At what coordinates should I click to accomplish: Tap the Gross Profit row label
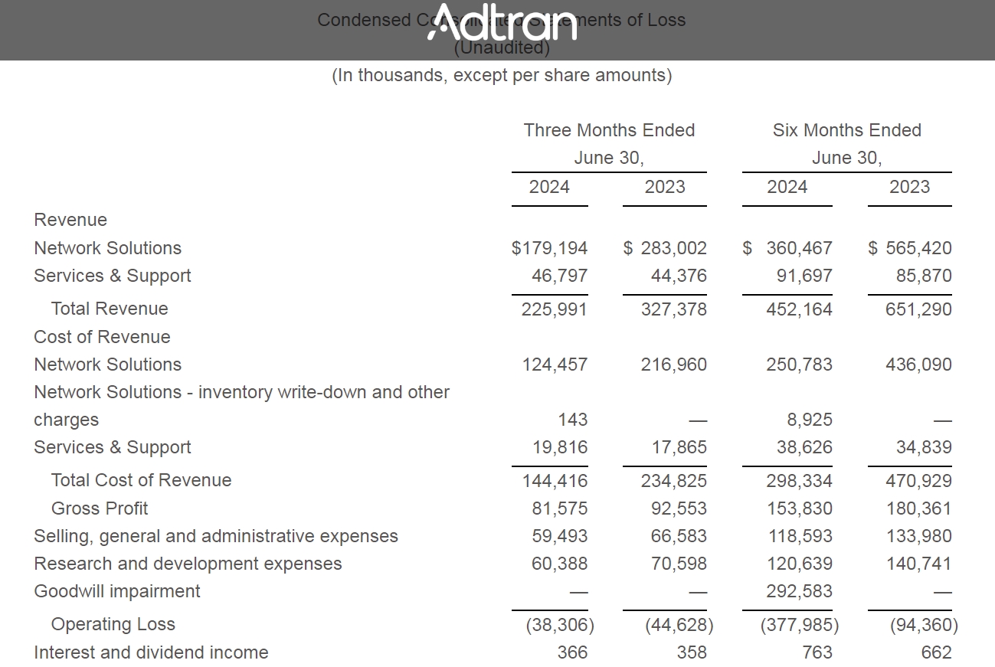coord(100,508)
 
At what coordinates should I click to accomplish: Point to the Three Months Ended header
coord(609,130)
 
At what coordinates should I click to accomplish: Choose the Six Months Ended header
coord(846,130)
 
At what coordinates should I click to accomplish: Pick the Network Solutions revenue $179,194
coord(549,248)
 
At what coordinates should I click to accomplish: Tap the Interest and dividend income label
coord(151,652)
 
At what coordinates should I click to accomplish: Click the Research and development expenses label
coord(188,564)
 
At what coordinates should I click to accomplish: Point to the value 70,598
coord(679,564)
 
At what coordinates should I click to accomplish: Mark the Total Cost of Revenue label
coord(141,480)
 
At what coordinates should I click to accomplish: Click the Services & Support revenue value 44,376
coord(679,276)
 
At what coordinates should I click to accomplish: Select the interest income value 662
coord(936,652)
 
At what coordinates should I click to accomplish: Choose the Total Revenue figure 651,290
coord(918,309)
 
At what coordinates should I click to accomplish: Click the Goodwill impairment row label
coord(117,591)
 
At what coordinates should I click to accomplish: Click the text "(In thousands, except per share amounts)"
coord(502,75)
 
